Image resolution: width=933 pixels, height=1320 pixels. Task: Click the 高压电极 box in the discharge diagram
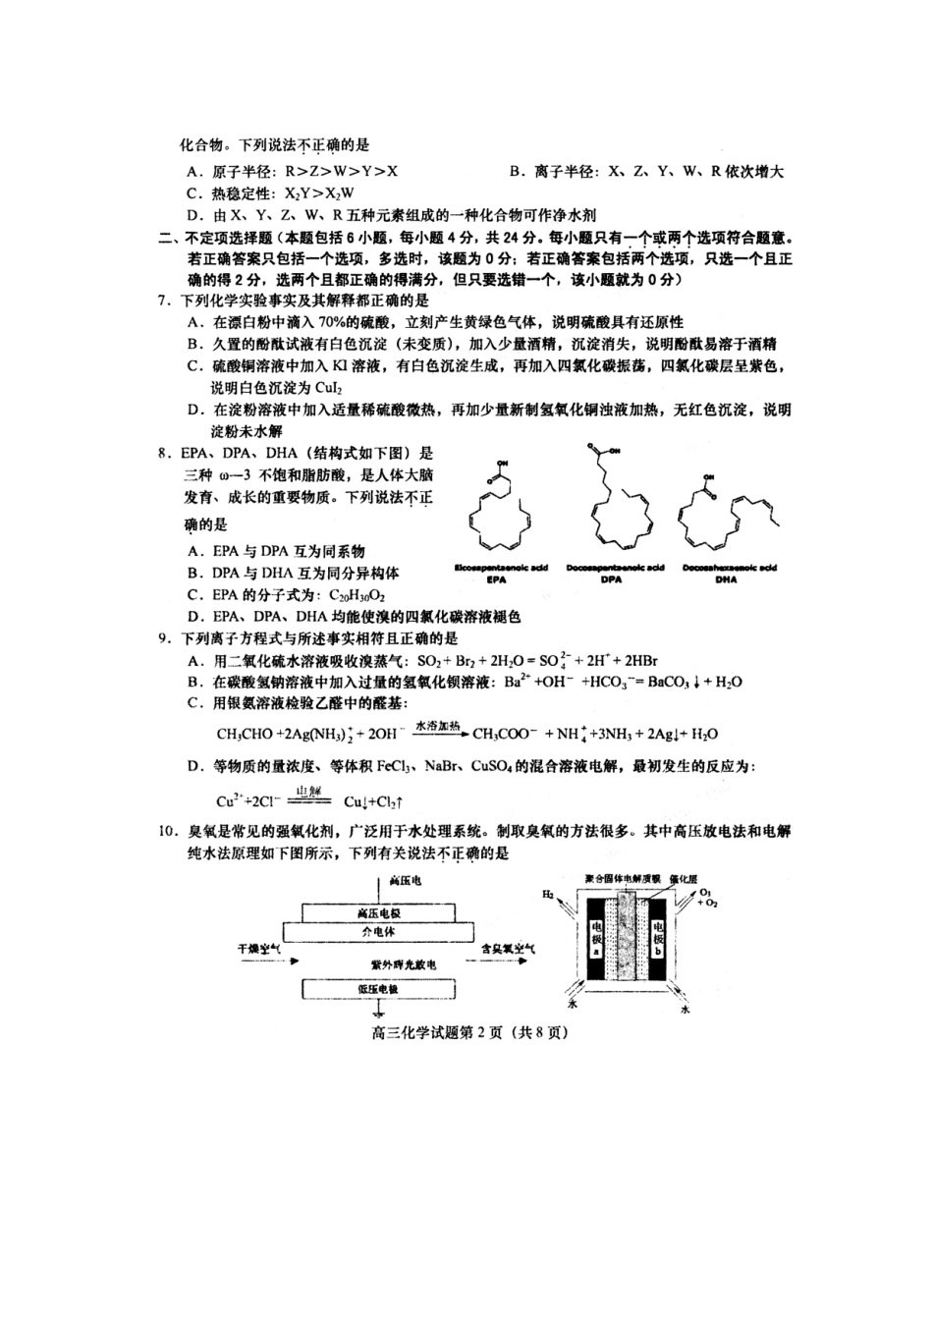(x=378, y=911)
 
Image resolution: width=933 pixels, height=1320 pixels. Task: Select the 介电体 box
(x=378, y=930)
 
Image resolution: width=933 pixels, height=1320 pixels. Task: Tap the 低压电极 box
(x=378, y=989)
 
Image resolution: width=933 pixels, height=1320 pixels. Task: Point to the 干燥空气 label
(x=259, y=949)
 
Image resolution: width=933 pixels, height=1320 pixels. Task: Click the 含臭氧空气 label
(x=508, y=949)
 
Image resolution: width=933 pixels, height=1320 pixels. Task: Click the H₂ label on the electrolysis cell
(x=548, y=895)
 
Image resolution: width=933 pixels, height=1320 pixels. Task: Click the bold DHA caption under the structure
(x=727, y=579)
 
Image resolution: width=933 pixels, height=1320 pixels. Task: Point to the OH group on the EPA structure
(x=503, y=463)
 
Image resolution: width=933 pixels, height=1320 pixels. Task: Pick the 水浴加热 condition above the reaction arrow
(x=438, y=725)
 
